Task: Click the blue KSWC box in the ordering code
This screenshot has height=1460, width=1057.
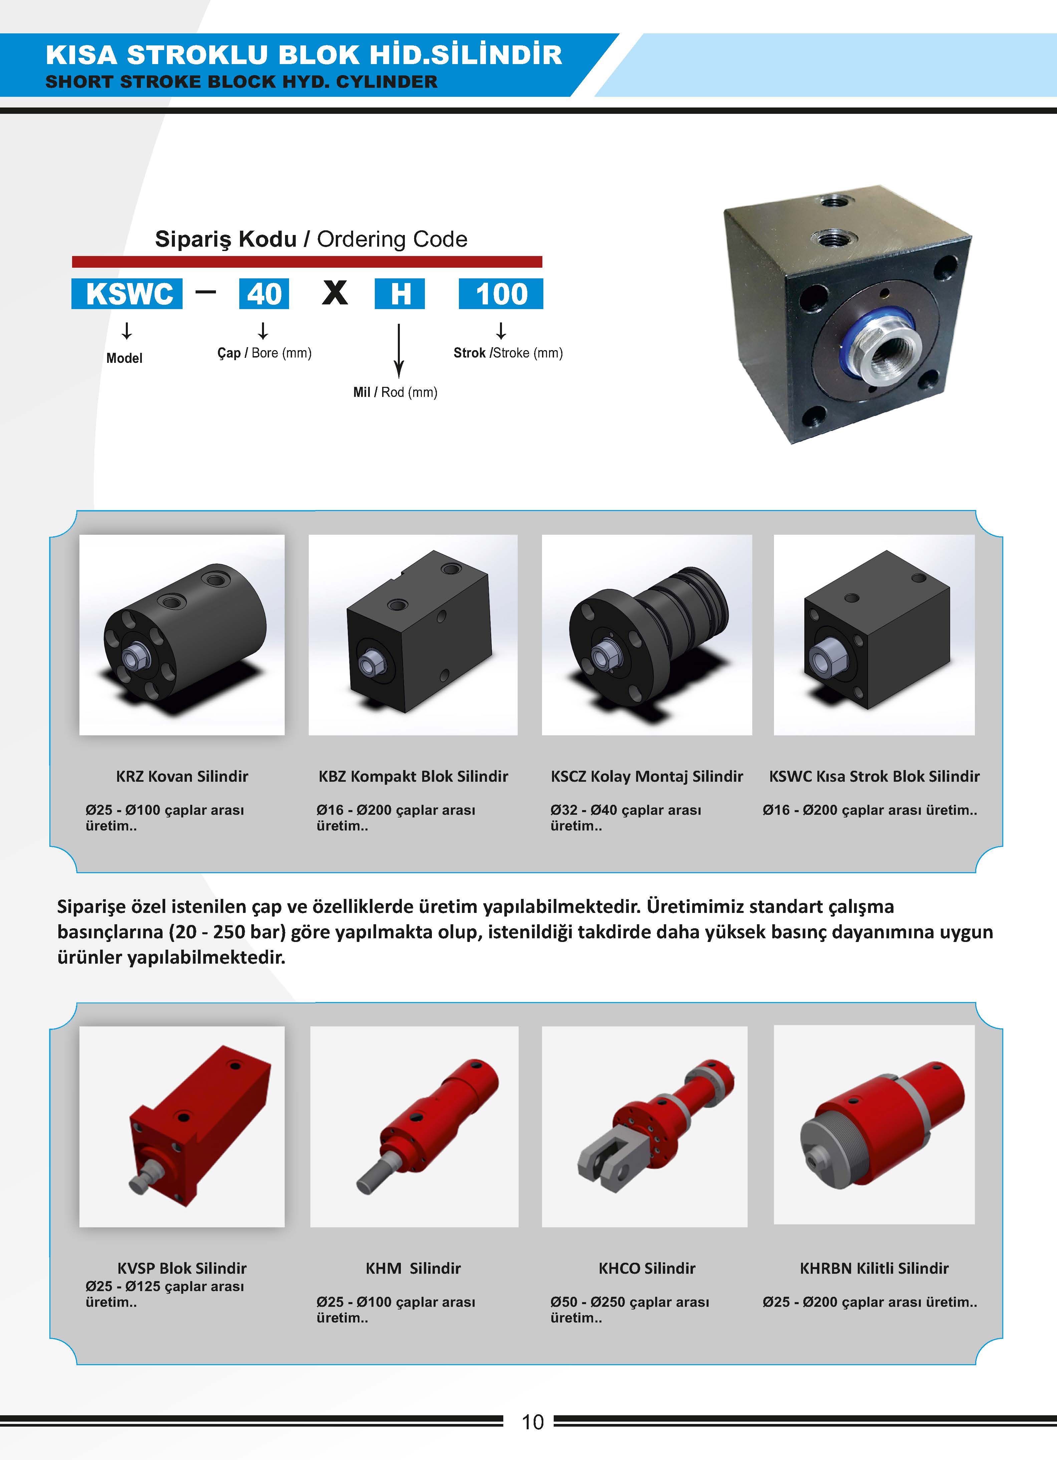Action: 127,293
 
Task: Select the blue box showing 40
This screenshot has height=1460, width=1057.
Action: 264,293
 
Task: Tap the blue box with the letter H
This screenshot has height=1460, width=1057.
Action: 400,293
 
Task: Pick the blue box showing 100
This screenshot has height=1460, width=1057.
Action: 501,293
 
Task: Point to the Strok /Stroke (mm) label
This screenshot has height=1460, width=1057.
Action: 508,353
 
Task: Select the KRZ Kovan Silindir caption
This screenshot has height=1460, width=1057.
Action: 182,776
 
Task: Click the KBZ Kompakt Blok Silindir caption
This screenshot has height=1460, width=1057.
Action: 413,776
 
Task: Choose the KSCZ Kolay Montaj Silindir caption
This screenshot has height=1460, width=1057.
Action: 647,776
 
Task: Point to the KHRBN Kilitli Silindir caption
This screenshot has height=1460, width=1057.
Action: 874,1268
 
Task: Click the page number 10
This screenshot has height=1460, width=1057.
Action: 532,1422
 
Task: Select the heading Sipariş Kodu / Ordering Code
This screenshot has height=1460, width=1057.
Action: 311,239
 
